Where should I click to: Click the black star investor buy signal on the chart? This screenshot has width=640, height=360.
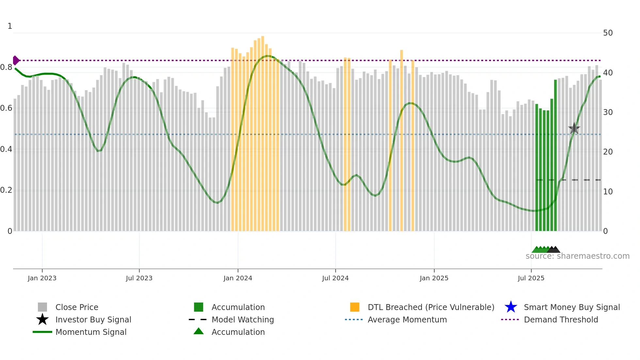pos(574,128)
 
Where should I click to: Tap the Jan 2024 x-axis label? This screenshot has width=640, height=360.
pos(238,278)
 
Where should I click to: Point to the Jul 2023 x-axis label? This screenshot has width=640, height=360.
pos(139,278)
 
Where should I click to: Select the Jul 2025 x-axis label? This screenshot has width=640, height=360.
pos(531,278)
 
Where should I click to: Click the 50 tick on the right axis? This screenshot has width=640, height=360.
pos(608,33)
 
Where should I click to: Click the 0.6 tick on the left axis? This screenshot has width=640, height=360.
pos(6,108)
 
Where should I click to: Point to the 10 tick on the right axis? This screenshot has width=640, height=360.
pos(608,192)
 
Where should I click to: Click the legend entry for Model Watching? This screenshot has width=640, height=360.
pos(242,319)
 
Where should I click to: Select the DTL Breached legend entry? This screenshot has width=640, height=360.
pos(430,307)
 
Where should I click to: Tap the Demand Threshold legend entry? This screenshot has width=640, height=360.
pos(561,319)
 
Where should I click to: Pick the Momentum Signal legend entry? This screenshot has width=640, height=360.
pos(91,332)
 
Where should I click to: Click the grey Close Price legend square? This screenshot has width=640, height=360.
pos(42,307)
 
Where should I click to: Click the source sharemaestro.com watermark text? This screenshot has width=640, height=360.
pos(577,256)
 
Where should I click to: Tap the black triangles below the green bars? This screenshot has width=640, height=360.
pos(554,250)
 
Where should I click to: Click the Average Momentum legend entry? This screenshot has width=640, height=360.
pos(407,319)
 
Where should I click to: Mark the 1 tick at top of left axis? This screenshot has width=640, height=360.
pos(10,26)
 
